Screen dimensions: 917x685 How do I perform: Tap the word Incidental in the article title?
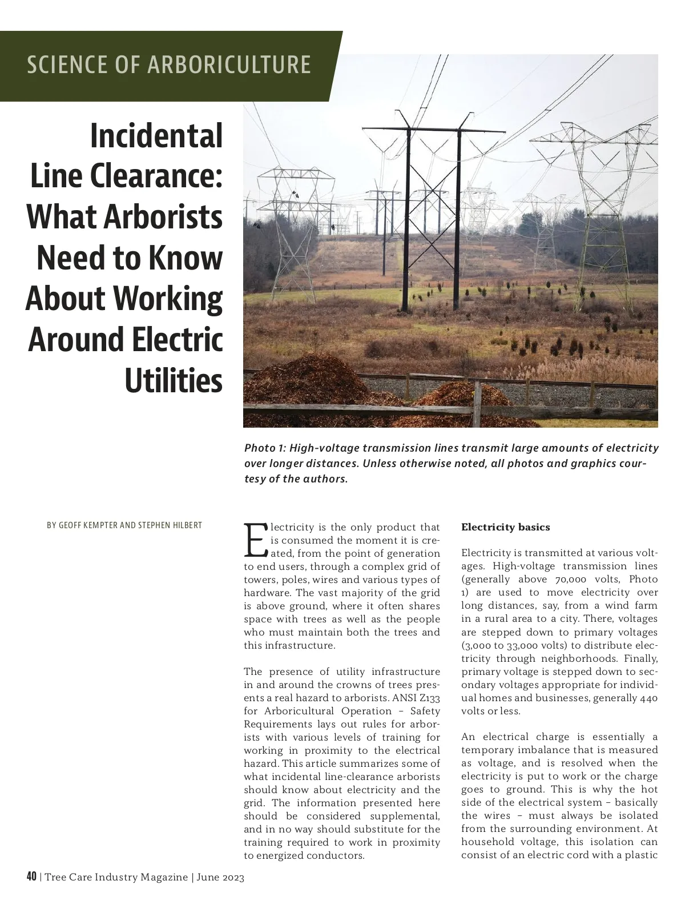click(156, 136)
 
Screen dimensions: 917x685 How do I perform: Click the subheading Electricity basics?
click(505, 527)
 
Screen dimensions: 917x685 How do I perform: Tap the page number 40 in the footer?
click(31, 876)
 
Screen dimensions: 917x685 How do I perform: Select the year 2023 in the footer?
click(232, 877)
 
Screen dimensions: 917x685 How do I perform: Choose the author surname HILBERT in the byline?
click(183, 525)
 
